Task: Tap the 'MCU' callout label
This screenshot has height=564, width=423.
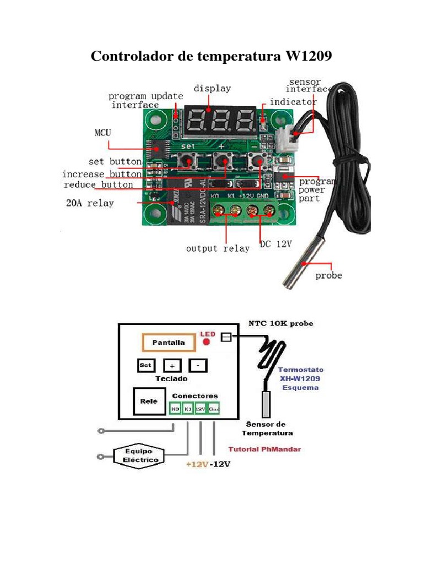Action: (x=102, y=133)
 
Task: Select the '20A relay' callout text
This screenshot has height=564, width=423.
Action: (x=90, y=203)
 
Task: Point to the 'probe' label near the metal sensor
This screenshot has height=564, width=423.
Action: (x=328, y=275)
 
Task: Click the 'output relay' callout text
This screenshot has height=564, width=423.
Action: (x=218, y=248)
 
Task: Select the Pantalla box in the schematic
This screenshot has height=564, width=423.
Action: (x=169, y=343)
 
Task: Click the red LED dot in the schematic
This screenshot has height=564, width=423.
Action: (x=207, y=341)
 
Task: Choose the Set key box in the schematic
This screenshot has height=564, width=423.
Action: (x=145, y=365)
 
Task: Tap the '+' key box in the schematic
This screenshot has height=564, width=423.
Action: (x=172, y=365)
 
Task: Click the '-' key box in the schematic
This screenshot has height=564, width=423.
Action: (x=198, y=365)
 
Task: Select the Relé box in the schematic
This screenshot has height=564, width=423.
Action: (x=146, y=402)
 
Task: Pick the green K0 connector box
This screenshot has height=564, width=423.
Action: (x=175, y=409)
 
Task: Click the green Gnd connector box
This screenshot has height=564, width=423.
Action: (x=213, y=409)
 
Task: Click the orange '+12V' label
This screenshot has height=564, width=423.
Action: (x=197, y=464)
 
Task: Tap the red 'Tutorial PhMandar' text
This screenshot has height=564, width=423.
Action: (x=264, y=449)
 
